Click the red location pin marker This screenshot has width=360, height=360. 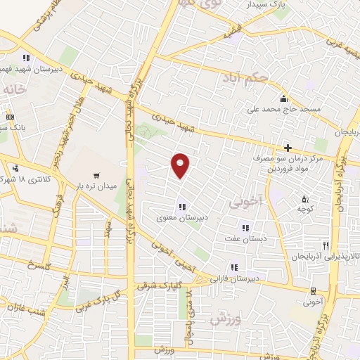pyautogui.click(x=181, y=166)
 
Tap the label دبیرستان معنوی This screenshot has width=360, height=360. pyautogui.click(x=182, y=218)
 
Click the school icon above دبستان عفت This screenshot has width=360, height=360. pyautogui.click(x=246, y=227)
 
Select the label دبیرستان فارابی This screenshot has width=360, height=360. pyautogui.click(x=235, y=278)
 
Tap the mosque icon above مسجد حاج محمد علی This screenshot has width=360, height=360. pyautogui.click(x=283, y=98)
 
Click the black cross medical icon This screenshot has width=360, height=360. pyautogui.click(x=288, y=147)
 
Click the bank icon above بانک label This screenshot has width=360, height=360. pyautogui.click(x=9, y=117)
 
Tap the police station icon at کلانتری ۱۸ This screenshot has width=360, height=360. pyautogui.click(x=15, y=167)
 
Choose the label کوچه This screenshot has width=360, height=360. pyautogui.click(x=304, y=209)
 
